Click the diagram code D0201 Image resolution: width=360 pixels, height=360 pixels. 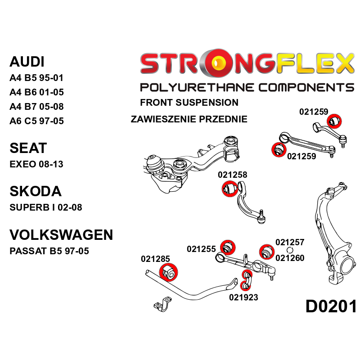tap(331, 307)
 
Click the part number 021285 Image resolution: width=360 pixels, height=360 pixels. tap(155, 259)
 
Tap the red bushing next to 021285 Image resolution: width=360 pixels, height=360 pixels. tap(169, 271)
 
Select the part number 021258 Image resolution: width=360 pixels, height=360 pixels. tap(232, 175)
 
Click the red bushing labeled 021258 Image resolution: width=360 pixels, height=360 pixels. tap(229, 189)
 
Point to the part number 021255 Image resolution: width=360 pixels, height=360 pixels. tap(202, 249)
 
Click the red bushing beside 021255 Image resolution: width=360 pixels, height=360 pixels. tap(228, 247)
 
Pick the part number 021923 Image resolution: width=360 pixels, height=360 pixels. tap(243, 297)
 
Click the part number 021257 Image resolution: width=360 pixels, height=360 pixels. tap(290, 242)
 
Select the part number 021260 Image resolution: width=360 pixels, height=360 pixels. tap(290, 258)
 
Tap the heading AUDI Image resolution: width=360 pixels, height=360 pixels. tap(27, 62)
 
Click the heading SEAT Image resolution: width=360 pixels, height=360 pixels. tap(28, 148)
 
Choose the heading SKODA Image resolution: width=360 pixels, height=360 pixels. tap(35, 191)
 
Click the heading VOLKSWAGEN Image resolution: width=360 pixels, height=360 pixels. tap(61, 234)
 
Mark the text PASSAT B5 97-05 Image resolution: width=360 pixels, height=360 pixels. tap(49, 251)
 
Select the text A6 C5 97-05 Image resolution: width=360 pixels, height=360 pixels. tap(36, 121)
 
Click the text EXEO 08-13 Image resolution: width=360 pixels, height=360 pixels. tap(36, 164)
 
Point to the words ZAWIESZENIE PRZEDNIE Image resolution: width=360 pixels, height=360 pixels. tap(189, 119)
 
